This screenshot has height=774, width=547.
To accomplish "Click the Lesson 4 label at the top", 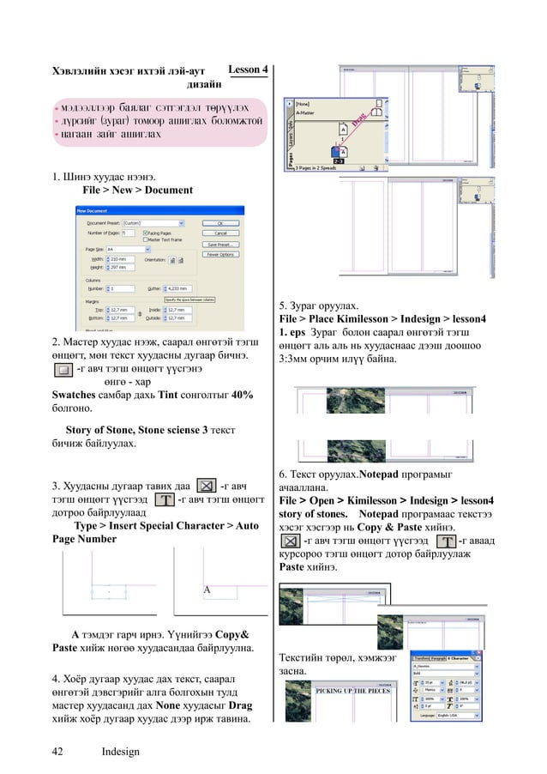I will tap(249, 69).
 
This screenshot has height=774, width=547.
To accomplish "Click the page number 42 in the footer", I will tap(57, 752).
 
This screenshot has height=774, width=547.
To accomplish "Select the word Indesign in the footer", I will tap(120, 752).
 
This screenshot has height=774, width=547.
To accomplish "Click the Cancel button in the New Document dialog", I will tap(220, 233).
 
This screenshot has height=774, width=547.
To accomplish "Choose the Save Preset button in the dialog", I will tap(220, 244).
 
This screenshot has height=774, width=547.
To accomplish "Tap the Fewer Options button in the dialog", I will tap(220, 254).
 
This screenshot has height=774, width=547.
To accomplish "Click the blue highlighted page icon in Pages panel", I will tap(330, 152).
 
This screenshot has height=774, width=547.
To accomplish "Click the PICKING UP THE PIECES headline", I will tap(353, 689).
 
